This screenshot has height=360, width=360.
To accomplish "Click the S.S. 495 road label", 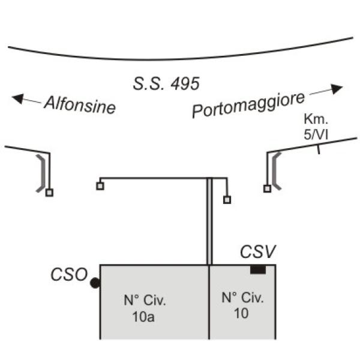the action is pos(166,83).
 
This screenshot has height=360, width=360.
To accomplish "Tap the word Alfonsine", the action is pos(80,105).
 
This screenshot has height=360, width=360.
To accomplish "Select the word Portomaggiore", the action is pos(248,104).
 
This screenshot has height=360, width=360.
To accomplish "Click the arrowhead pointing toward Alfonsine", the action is pos(17,98).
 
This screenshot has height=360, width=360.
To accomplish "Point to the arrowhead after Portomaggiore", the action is pos(337,89).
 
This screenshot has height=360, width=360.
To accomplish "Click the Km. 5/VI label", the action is pos(316,127).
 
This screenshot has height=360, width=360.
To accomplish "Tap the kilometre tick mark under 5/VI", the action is pos(319,149).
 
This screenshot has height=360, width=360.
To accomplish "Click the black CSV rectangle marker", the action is pos(258,269).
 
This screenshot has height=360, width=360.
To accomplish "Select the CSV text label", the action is pos(257,251).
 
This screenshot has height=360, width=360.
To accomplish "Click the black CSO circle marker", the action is pos(95,283).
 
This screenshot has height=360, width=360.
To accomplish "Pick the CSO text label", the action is pos(69,274).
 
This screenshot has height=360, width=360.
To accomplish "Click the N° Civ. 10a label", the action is pos(145,308).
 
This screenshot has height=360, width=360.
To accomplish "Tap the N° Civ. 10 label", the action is pos(242,305).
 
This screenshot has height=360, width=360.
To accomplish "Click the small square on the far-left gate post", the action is pos(49,193).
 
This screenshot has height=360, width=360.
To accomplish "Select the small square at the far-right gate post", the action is pos(267,189).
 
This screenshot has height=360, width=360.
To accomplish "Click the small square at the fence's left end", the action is pos(100,186).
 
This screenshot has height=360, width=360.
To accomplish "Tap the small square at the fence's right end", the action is pos(227,200).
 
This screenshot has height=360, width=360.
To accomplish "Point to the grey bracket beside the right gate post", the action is pos(275,171).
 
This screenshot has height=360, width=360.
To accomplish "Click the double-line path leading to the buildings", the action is pos(209,221).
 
